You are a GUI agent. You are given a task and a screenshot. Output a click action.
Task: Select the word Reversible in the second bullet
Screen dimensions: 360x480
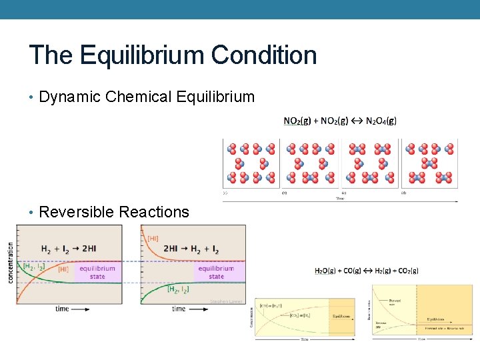coord(76,212)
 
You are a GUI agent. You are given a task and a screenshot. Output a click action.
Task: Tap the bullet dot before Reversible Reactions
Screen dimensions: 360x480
coord(32,213)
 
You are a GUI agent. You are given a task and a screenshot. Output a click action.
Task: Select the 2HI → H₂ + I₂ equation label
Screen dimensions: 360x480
coord(191,249)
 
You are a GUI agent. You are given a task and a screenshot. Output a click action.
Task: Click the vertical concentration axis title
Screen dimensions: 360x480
coord(11,263)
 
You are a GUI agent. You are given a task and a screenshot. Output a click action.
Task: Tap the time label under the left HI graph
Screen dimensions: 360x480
coord(62,309)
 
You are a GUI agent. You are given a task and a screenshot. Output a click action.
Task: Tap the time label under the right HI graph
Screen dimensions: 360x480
coord(179,309)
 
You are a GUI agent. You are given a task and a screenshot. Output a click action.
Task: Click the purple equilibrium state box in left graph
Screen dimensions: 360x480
coord(97,272)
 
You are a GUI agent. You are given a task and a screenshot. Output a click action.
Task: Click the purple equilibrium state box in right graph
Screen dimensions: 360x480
coord(216,272)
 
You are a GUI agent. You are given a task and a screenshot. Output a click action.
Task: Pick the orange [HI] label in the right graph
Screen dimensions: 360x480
coord(152,238)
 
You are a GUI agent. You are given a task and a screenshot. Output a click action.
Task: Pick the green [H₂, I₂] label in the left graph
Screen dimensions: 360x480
coord(33,267)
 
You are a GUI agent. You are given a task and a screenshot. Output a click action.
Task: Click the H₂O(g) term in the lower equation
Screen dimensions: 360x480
coord(327,271)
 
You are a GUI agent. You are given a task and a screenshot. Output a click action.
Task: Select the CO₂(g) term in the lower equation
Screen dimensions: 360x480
coord(406,271)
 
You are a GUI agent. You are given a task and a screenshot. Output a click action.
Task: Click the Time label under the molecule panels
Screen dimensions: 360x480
coord(341,199)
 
